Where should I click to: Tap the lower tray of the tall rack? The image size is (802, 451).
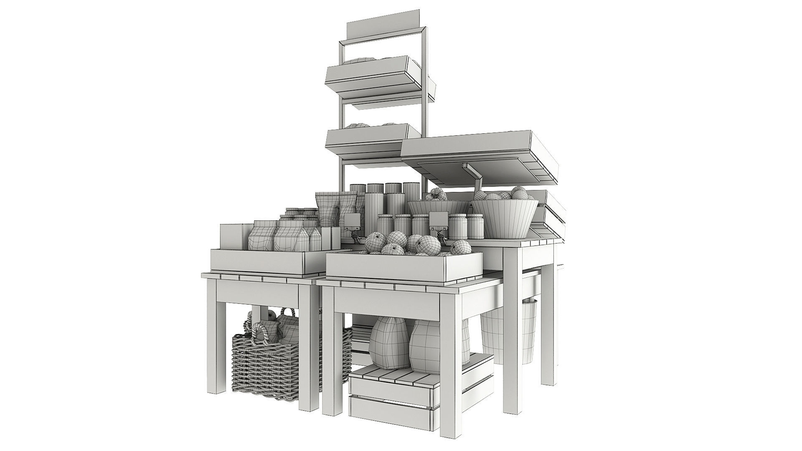pos(368,142)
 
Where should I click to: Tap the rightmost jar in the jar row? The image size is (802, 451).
pos(475,225)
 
